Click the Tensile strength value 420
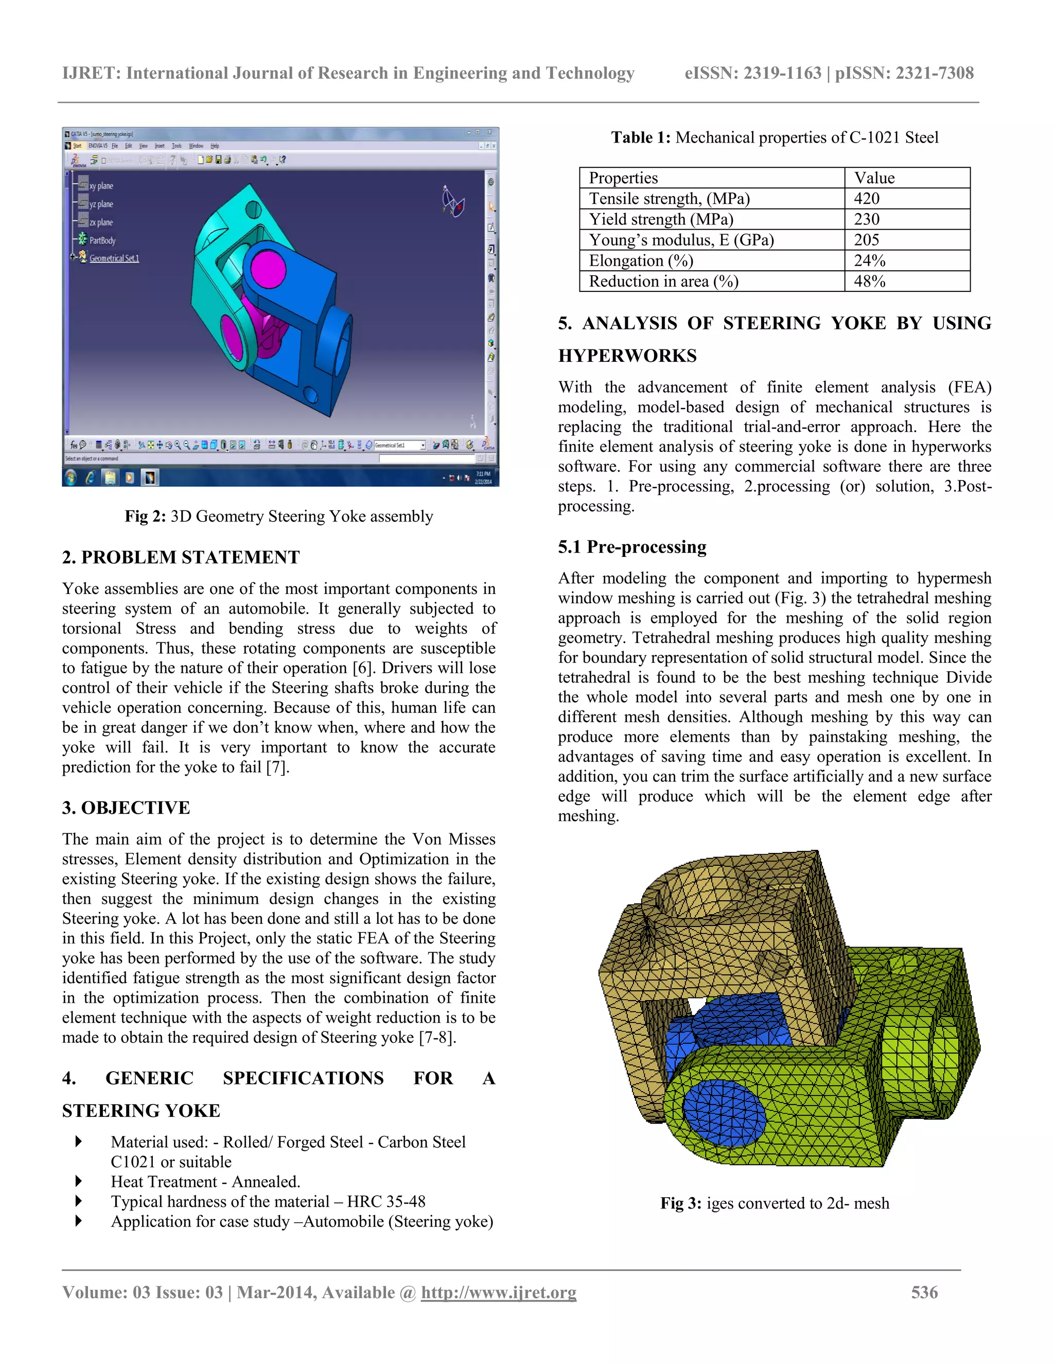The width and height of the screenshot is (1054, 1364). click(x=867, y=199)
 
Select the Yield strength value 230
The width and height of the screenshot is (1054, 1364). click(x=867, y=219)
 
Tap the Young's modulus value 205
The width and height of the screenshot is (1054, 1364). click(x=867, y=240)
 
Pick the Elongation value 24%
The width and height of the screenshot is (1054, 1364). click(x=870, y=260)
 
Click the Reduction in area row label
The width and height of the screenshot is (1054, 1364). click(x=663, y=282)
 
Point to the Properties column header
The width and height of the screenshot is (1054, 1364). click(x=623, y=178)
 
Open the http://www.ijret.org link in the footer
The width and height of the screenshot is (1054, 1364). click(x=498, y=1292)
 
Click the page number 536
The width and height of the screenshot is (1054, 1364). click(x=924, y=1292)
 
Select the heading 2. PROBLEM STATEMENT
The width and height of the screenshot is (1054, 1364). click(x=181, y=557)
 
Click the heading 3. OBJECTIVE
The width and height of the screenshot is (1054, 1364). click(x=126, y=808)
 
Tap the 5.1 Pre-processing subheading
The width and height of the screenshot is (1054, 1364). click(x=632, y=547)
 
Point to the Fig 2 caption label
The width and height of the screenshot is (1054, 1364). click(x=145, y=516)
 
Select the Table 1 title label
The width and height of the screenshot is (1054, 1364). click(x=641, y=137)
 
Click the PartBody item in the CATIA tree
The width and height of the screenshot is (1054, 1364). click(x=102, y=240)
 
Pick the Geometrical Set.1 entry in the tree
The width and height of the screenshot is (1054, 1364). click(x=114, y=258)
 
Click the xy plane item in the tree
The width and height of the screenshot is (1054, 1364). click(x=101, y=186)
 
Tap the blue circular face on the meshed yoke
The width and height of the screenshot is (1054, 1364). click(x=724, y=1112)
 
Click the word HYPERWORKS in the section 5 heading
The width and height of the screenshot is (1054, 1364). click(x=627, y=356)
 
